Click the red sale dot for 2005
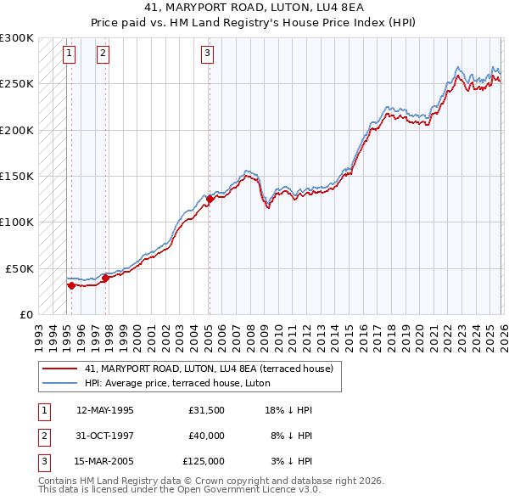(210, 199)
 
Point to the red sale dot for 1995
(71, 285)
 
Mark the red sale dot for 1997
(105, 277)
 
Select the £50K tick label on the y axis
(20, 268)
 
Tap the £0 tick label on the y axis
(26, 314)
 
